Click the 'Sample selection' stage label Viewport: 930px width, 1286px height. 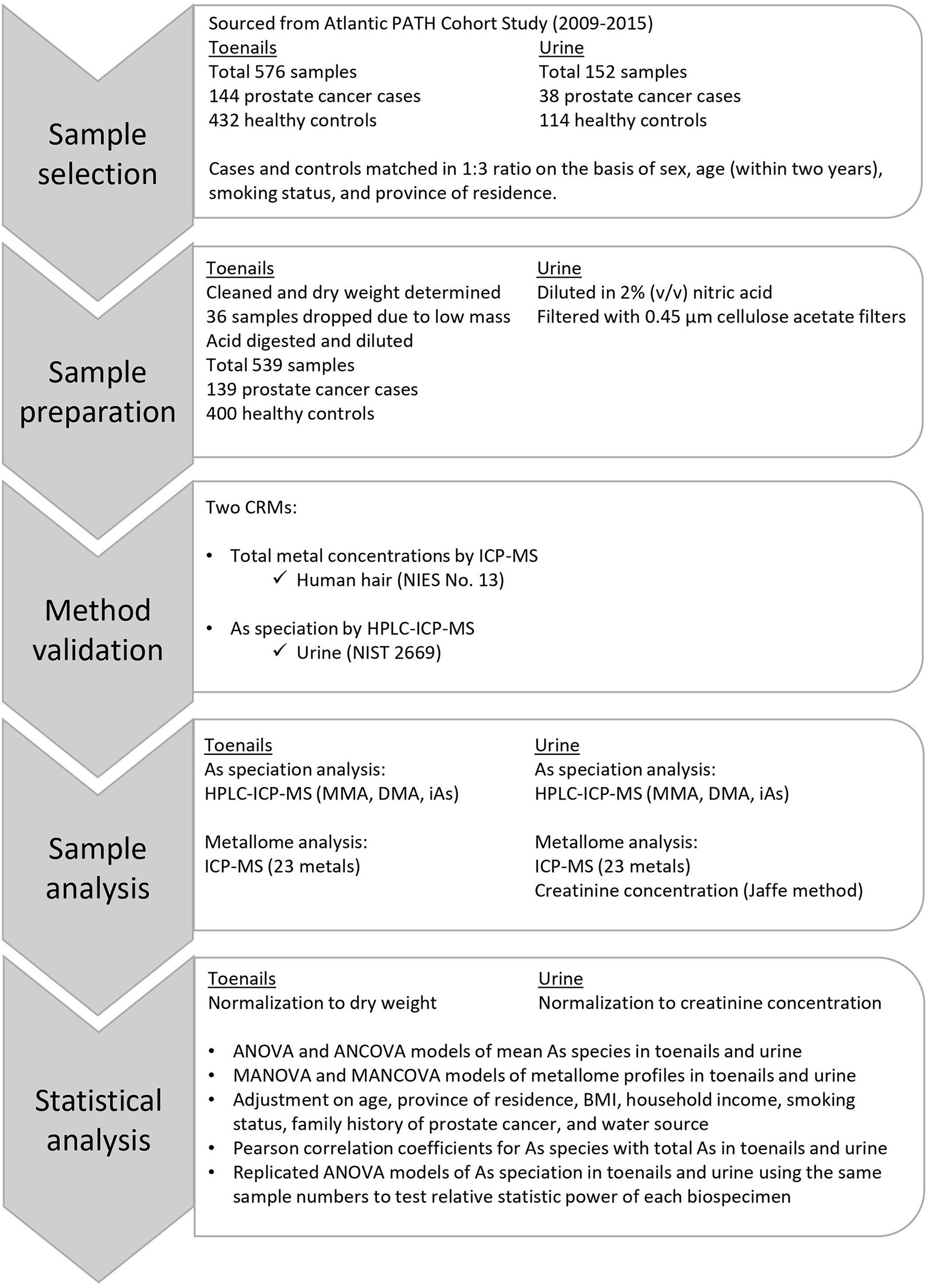click(x=98, y=154)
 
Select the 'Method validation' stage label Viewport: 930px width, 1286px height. click(x=98, y=629)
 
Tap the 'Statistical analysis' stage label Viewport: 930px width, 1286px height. click(x=98, y=1120)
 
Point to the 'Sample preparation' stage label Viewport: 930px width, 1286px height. click(x=98, y=392)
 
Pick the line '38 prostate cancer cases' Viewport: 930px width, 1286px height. click(x=640, y=97)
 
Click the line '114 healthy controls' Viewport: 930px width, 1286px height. click(x=622, y=120)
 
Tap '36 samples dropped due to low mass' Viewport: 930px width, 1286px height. click(x=358, y=317)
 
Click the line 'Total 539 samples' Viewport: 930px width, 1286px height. click(x=280, y=365)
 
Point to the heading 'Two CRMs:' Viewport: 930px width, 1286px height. click(x=251, y=507)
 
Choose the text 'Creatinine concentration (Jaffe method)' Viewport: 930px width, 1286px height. click(x=699, y=890)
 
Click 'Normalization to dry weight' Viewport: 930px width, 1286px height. click(x=322, y=1003)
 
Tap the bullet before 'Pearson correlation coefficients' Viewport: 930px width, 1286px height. click(x=212, y=1148)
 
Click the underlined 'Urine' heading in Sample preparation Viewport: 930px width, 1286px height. click(x=559, y=268)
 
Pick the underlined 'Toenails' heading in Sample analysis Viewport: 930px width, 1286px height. click(x=238, y=745)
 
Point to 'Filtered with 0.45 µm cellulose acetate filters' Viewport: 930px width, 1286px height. click(x=721, y=317)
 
